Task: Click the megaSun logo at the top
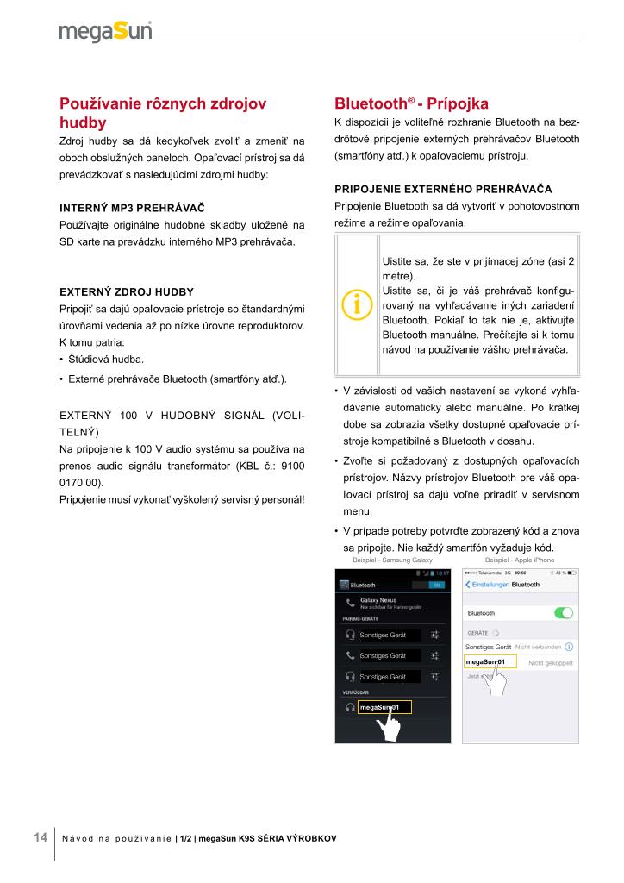pyautogui.click(x=105, y=32)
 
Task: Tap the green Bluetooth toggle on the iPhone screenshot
pyautogui.click(x=564, y=613)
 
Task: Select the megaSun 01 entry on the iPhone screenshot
pyautogui.click(x=489, y=661)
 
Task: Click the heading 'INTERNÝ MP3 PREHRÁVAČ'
pyautogui.click(x=131, y=209)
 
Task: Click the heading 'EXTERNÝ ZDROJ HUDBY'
pyautogui.click(x=126, y=291)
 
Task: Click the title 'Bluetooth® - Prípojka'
pyautogui.click(x=411, y=103)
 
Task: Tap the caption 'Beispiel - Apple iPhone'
pyautogui.click(x=520, y=560)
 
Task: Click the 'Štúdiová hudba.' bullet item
pyautogui.click(x=100, y=359)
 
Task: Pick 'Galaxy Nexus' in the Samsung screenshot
pyautogui.click(x=378, y=599)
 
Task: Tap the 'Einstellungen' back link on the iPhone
pyautogui.click(x=489, y=584)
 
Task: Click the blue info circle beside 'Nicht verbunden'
pyautogui.click(x=570, y=646)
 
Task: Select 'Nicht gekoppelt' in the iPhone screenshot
pyautogui.click(x=550, y=662)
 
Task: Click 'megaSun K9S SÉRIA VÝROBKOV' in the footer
pyautogui.click(x=267, y=838)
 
